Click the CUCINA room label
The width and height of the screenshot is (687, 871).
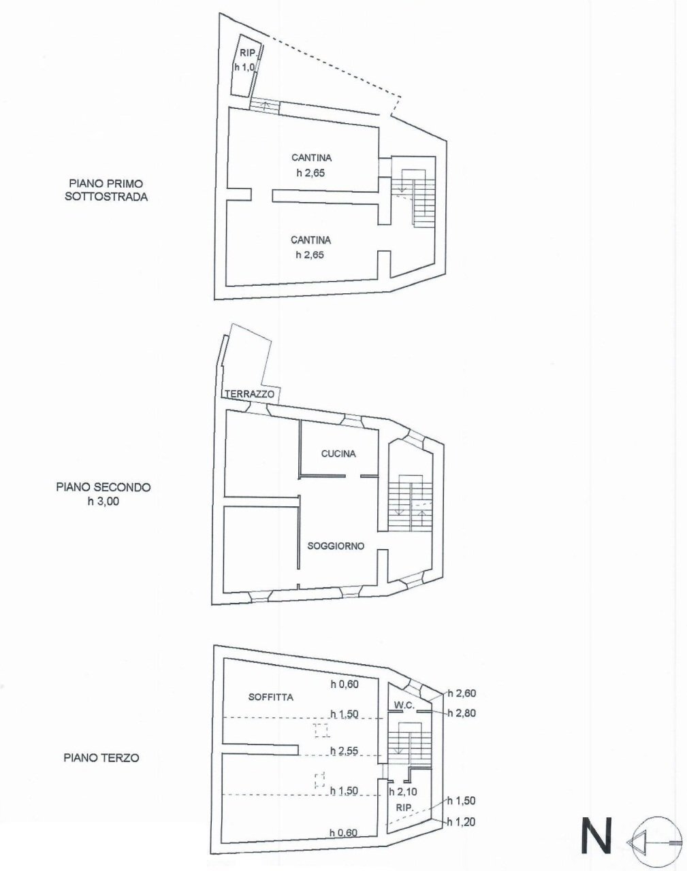click(x=339, y=454)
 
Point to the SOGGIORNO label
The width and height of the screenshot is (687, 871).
click(x=336, y=546)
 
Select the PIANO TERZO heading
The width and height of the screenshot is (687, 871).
click(x=101, y=757)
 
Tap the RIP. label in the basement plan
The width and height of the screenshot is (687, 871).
click(x=245, y=54)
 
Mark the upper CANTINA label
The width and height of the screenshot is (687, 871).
click(x=311, y=158)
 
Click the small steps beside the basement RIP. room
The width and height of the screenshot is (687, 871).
click(x=265, y=106)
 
